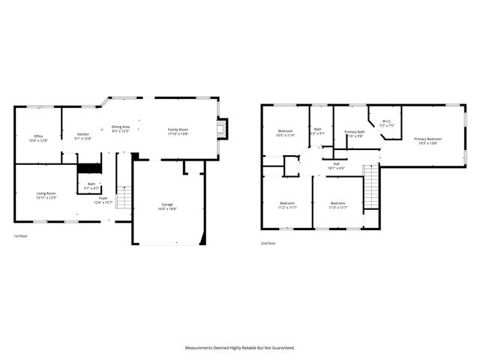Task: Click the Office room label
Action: [38, 138]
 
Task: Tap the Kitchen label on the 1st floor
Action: [82, 136]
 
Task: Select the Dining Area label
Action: [121, 129]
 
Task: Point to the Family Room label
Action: [178, 132]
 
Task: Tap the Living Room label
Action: [46, 196]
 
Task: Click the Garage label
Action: [168, 207]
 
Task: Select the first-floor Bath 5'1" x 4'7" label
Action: [91, 186]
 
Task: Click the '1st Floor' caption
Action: [21, 236]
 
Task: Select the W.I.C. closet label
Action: [385, 124]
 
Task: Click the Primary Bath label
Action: [354, 134]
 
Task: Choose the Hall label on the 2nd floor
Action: [336, 166]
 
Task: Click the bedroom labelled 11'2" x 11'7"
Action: [287, 205]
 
